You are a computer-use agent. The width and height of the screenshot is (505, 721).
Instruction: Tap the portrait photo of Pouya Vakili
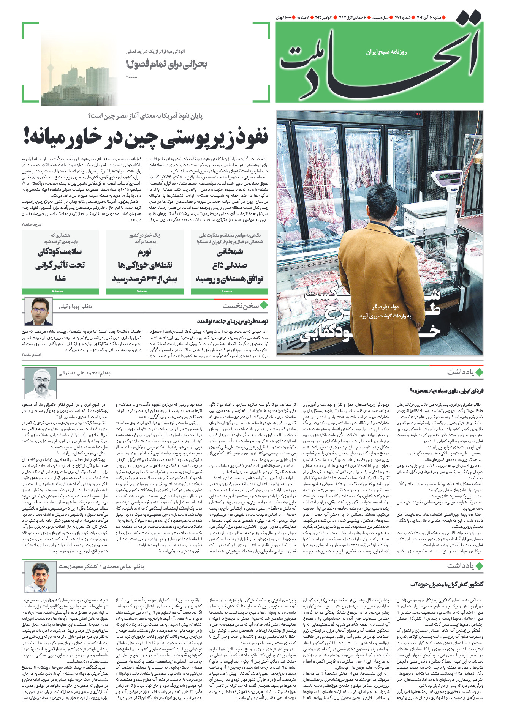pos(39,311)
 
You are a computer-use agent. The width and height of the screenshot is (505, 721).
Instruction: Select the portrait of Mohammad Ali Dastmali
pos(41,383)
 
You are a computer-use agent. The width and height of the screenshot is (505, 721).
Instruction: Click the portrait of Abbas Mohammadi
pos(41,576)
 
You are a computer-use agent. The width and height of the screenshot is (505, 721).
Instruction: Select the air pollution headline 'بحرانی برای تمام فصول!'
pos(166,65)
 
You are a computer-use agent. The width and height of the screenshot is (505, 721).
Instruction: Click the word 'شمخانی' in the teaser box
pos(230,252)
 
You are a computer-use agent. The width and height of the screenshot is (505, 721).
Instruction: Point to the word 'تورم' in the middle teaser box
pos(144,252)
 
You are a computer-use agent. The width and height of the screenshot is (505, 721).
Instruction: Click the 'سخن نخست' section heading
pos(241,305)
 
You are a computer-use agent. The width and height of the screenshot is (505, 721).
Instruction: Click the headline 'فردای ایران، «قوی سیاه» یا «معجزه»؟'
pos(446,391)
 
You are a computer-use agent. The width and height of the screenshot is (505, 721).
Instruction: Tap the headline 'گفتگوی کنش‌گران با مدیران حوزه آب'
pos(446,584)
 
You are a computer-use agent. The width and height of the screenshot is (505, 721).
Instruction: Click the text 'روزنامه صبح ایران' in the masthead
pos(386,52)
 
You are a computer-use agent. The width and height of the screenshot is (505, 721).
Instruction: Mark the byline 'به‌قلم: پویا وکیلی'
pos(75,306)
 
